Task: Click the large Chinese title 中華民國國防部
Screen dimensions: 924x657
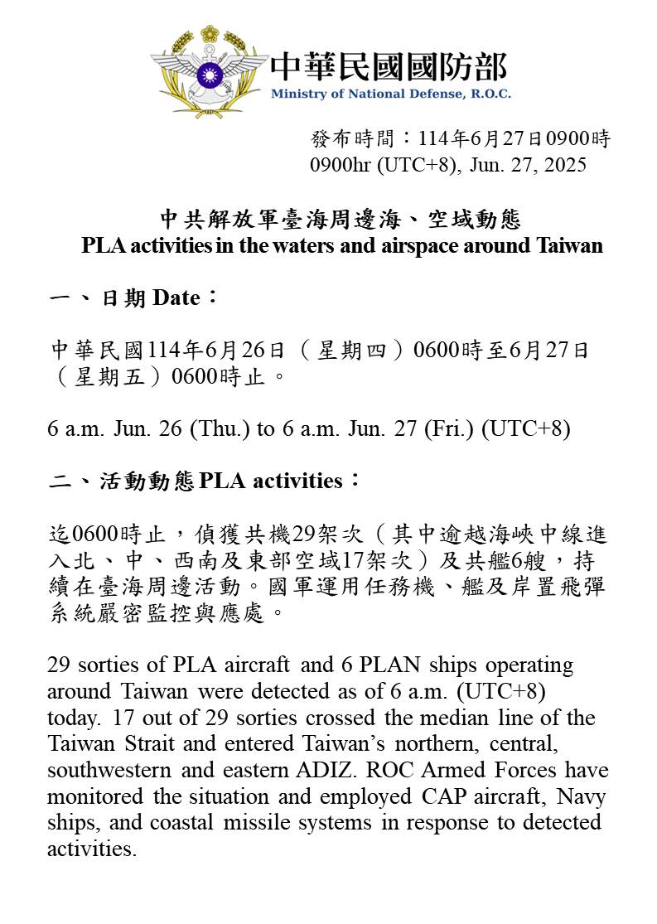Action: click(388, 66)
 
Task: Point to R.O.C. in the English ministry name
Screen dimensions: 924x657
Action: click(490, 94)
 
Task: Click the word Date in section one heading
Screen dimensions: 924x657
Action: click(176, 298)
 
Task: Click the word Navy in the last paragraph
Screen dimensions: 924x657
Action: click(581, 796)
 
